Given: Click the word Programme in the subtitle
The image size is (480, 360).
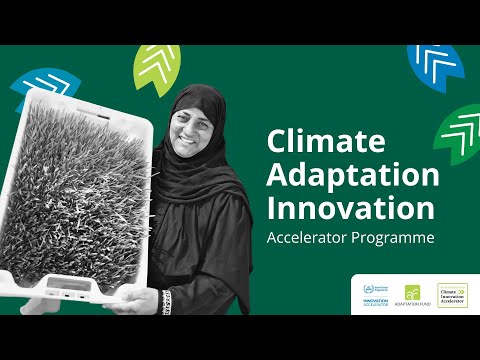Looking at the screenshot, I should (399, 240).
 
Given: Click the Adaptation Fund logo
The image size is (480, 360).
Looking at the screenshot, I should (414, 295).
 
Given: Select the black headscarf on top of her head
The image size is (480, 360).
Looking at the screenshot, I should (195, 93).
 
